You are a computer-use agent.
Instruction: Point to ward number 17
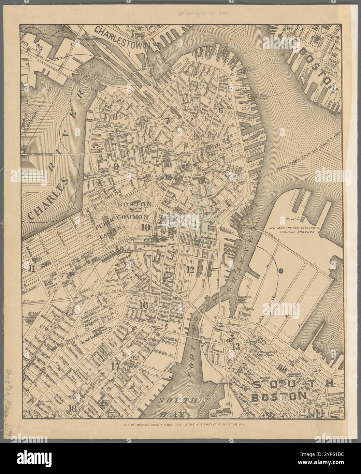pos(115,367)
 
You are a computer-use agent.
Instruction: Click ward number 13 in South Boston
pos(236,346)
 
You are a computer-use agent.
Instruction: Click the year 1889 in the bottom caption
pos(243,425)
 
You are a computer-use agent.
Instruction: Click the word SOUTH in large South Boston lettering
pos(293,385)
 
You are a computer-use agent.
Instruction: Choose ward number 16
pos(143,306)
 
